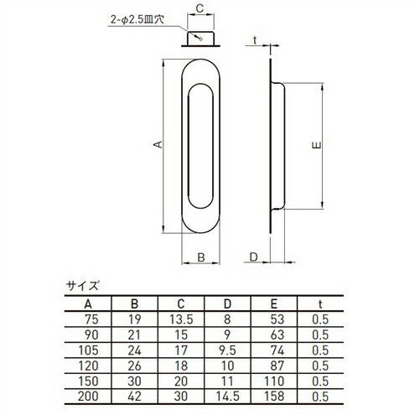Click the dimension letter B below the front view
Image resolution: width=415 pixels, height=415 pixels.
click(x=200, y=257)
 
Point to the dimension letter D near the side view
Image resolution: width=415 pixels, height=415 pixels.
click(x=254, y=257)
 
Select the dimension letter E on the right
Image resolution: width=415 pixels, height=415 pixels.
click(x=313, y=145)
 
